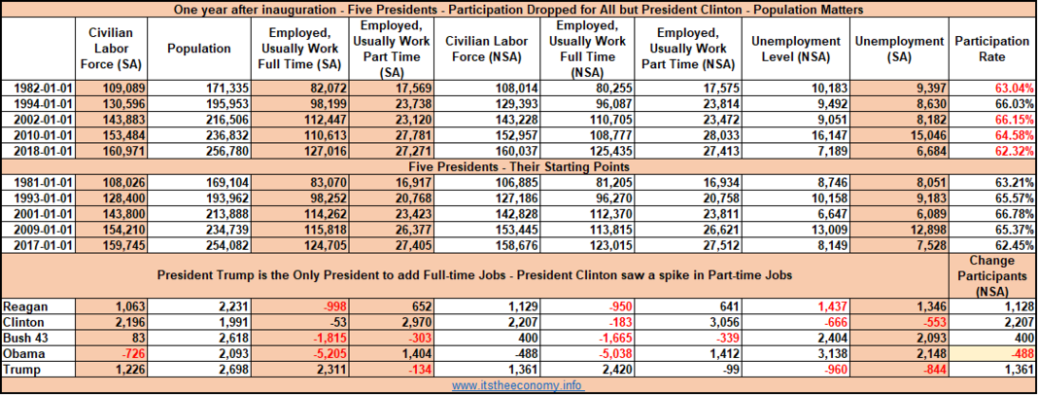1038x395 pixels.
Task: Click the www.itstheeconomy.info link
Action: click(518, 385)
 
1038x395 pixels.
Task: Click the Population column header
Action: click(199, 49)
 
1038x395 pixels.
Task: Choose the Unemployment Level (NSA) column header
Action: click(796, 49)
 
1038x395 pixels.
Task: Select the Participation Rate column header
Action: click(991, 49)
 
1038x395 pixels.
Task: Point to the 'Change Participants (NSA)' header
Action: click(991, 275)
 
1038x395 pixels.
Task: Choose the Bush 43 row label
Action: click(25, 339)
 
